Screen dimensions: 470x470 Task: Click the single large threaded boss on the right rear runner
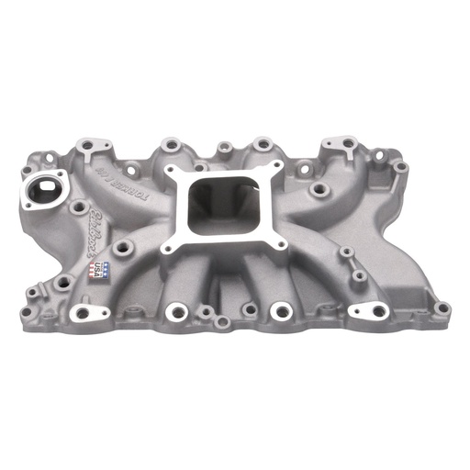point(319,189)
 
